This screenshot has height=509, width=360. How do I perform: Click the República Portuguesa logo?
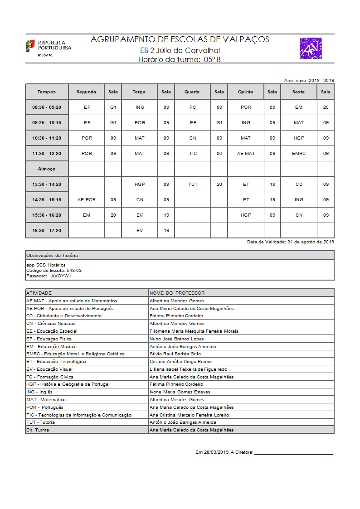[48, 48]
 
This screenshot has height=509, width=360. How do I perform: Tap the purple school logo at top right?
[311, 48]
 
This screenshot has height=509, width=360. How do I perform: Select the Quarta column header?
[192, 92]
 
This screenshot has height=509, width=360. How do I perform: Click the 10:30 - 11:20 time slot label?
[47, 138]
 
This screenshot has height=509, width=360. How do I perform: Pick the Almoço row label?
[47, 169]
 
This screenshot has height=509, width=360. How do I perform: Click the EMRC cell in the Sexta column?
[299, 154]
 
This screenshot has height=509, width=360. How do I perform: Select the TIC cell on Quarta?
[193, 154]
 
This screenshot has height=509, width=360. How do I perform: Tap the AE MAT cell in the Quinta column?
[246, 154]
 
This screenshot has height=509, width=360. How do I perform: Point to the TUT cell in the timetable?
[193, 184]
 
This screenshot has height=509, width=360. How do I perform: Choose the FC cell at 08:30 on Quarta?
[193, 107]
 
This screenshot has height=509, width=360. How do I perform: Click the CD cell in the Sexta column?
[299, 184]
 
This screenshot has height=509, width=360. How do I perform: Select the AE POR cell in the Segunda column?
[87, 200]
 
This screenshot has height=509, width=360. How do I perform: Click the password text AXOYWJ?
[61, 276]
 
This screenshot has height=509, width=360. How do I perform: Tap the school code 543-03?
[74, 270]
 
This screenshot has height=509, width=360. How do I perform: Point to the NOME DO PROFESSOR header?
[177, 293]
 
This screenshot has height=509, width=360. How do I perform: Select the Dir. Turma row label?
[38, 430]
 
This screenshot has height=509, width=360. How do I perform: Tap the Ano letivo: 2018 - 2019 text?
[309, 80]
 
